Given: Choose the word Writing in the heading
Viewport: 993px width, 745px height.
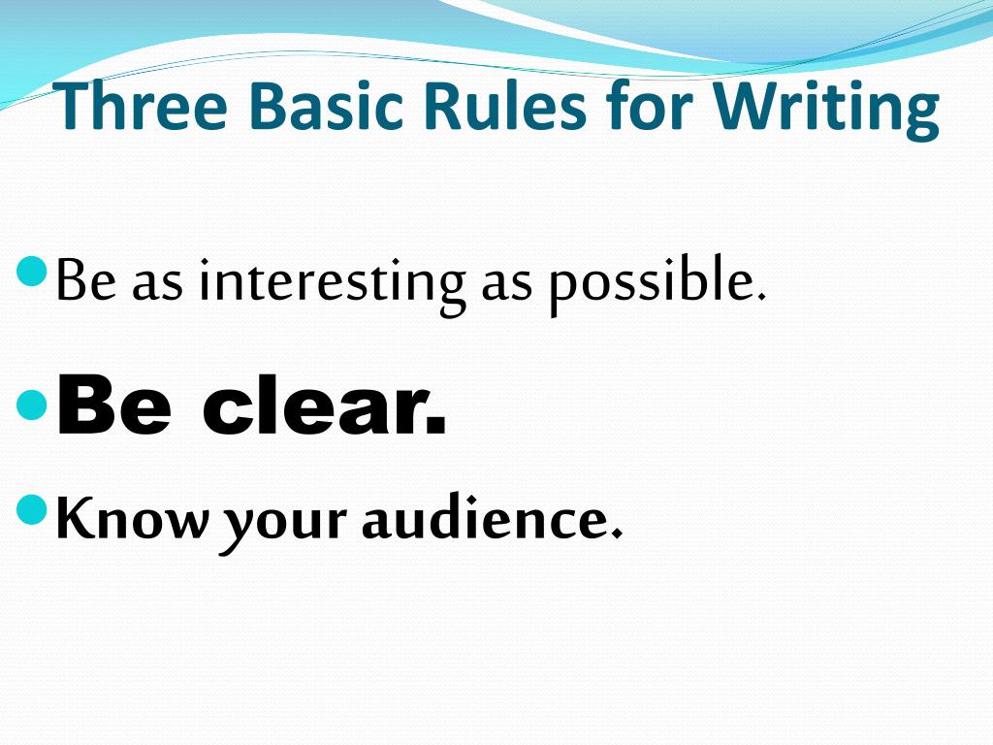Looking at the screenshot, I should (x=827, y=109).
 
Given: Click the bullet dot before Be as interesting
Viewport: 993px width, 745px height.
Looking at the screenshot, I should (x=32, y=273).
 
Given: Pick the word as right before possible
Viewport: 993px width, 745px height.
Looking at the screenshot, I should (x=509, y=283).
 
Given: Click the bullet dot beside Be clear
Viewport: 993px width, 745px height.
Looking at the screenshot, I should (x=32, y=405).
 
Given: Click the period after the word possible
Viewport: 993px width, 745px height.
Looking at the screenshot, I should (x=760, y=296).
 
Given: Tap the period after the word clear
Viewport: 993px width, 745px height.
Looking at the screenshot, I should (x=437, y=427).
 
